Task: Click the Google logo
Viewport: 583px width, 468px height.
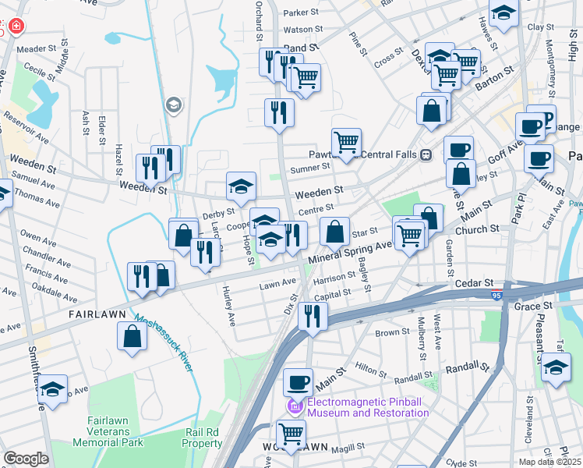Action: [26, 459]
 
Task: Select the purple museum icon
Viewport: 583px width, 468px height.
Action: [295, 406]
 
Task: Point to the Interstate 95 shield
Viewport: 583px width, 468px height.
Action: [496, 296]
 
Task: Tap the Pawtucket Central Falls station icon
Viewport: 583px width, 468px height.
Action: [426, 154]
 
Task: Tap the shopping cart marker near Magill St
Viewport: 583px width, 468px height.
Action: [291, 434]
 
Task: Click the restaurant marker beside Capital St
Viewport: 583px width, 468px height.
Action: [313, 316]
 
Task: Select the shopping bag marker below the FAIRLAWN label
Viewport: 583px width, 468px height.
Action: [132, 335]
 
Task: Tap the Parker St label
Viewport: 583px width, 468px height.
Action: [302, 12]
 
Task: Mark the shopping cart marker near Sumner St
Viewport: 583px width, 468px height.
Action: [346, 143]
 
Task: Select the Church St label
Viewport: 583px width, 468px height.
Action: [477, 229]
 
